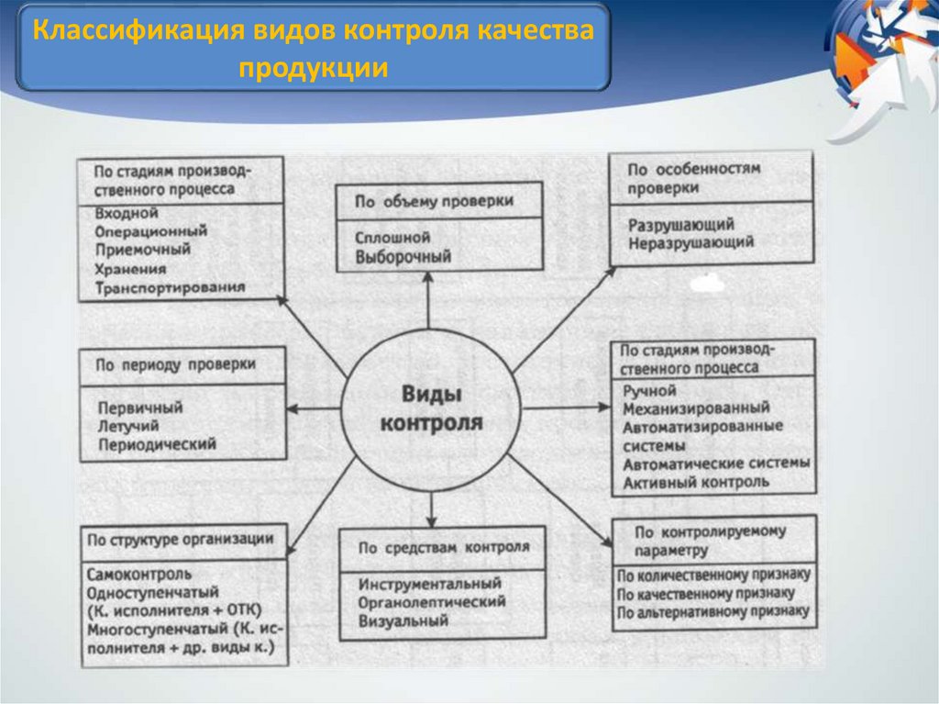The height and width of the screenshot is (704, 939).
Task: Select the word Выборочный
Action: (403, 257)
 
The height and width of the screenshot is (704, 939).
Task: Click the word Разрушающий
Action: (681, 224)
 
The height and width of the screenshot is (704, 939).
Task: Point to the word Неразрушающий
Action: (691, 243)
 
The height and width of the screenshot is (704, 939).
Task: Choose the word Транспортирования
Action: (170, 287)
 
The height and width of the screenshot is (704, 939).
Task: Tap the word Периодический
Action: (156, 445)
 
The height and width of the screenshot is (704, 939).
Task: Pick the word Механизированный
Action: (695, 408)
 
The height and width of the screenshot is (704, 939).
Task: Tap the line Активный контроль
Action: (696, 482)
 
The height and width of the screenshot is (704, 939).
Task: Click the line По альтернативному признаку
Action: (713, 610)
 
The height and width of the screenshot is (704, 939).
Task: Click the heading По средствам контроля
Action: (444, 548)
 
